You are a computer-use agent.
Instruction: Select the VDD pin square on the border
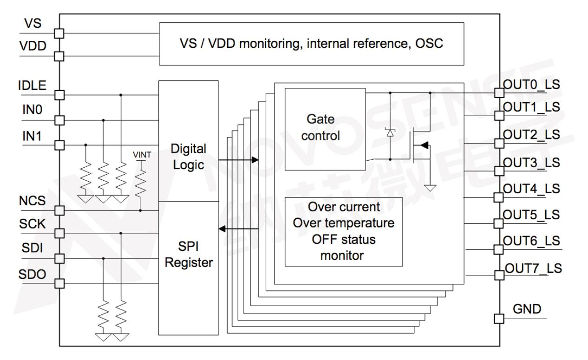tap(59, 56)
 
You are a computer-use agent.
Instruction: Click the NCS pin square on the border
tap(59, 210)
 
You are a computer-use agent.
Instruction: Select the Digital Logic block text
tap(188, 157)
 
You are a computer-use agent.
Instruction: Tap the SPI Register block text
tap(188, 254)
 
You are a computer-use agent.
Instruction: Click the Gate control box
tap(324, 129)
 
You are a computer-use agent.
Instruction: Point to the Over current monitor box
tap(343, 231)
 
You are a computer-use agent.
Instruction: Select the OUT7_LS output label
tap(532, 268)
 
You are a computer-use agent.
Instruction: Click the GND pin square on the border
tap(498, 319)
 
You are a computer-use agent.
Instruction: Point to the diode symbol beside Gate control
tap(390, 133)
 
